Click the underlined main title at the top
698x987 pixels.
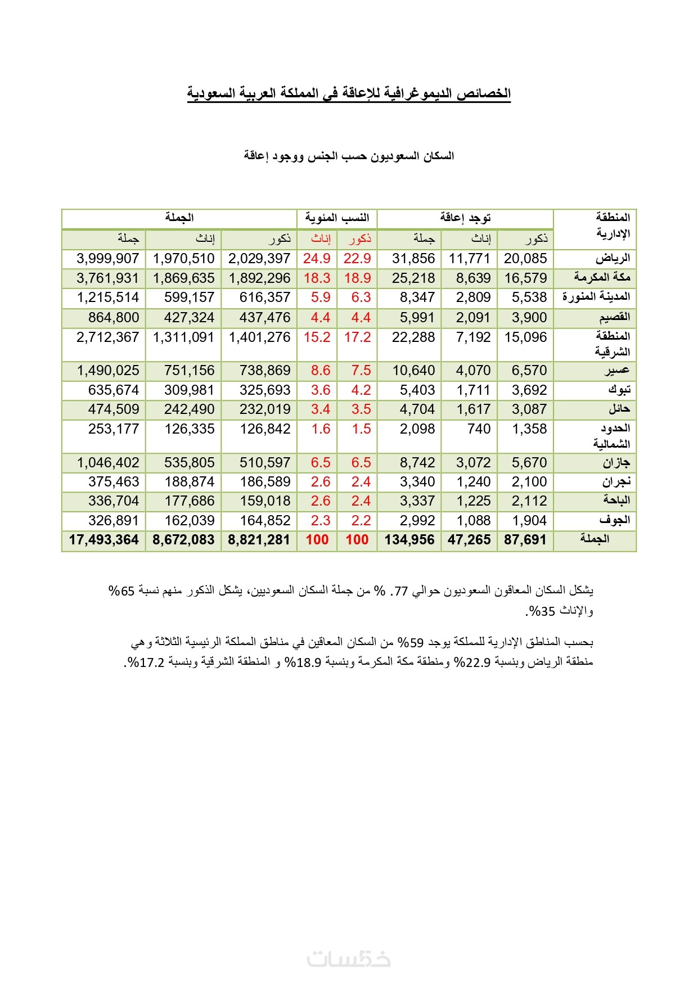[x=349, y=93]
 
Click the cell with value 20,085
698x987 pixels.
[x=525, y=259]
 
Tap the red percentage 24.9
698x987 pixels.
[x=317, y=259]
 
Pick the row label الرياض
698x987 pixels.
[x=613, y=259]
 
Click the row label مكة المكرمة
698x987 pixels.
[x=602, y=278]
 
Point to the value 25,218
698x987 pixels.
[x=413, y=278]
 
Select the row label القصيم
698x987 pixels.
[x=614, y=318]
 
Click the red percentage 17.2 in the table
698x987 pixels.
[x=357, y=337]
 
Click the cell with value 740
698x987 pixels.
[x=479, y=429]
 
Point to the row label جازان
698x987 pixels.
[x=616, y=463]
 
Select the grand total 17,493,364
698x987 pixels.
[x=104, y=540]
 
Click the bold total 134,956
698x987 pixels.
[x=409, y=540]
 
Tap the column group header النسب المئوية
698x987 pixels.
[x=337, y=218]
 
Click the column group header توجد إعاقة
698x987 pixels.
[x=465, y=218]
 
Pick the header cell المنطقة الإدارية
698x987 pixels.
[x=613, y=225]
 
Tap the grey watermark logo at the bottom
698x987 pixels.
[x=349, y=958]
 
